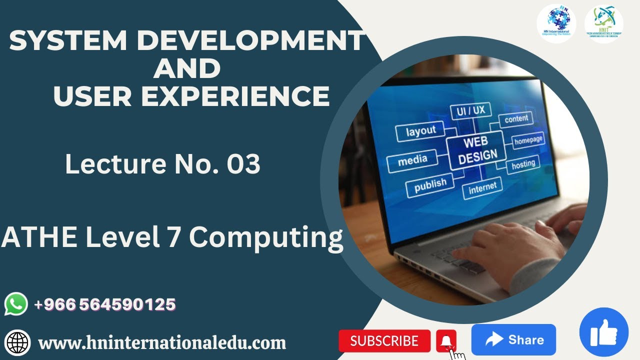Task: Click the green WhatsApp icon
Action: click(x=16, y=304)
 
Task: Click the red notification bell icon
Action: click(x=446, y=341)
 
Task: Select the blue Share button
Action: click(x=513, y=340)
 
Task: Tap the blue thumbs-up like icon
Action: click(x=603, y=332)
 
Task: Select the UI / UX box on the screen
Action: click(x=470, y=111)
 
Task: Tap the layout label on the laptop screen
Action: click(x=420, y=131)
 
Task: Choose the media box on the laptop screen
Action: click(x=412, y=161)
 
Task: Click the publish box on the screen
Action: click(x=430, y=185)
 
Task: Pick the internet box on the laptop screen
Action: click(x=482, y=187)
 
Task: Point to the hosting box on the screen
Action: click(x=523, y=164)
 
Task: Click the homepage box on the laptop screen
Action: click(x=528, y=141)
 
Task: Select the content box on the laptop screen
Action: click(x=516, y=119)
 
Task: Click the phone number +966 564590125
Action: click(x=105, y=304)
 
